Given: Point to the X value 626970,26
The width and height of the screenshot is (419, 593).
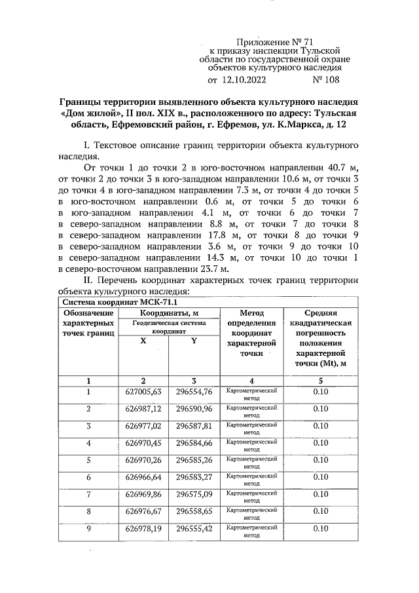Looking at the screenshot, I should tap(143, 460).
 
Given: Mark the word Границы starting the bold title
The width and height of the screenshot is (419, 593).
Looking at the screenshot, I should tap(83, 103).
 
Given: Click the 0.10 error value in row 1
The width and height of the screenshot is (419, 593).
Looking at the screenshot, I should tap(320, 392).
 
